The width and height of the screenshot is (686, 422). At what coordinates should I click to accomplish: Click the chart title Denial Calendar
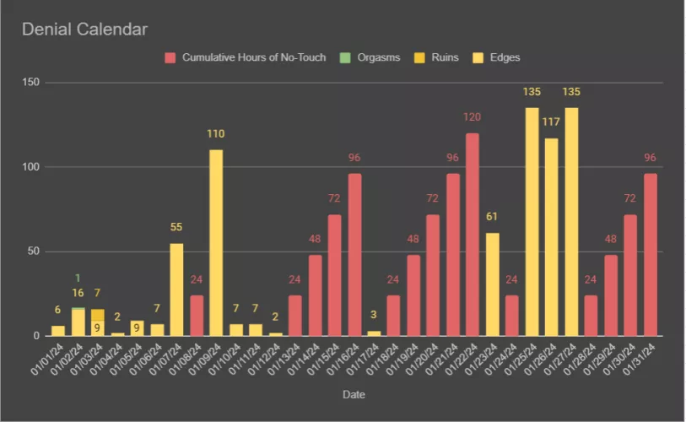click(x=85, y=30)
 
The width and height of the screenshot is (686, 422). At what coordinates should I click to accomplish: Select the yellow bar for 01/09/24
click(x=216, y=243)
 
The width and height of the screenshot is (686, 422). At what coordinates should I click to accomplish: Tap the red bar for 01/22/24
click(x=473, y=235)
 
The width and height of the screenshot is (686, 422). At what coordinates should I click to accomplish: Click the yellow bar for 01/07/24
click(x=176, y=289)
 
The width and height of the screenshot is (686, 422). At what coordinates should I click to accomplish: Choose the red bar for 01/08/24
click(x=197, y=316)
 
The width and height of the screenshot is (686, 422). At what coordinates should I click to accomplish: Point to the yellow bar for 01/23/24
click(x=492, y=284)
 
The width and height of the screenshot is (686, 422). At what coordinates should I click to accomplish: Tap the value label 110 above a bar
click(x=216, y=133)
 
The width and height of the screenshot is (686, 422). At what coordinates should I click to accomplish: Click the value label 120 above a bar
click(x=473, y=116)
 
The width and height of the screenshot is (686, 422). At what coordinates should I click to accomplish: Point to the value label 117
click(x=552, y=122)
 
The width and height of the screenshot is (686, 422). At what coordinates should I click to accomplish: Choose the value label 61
click(x=492, y=217)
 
